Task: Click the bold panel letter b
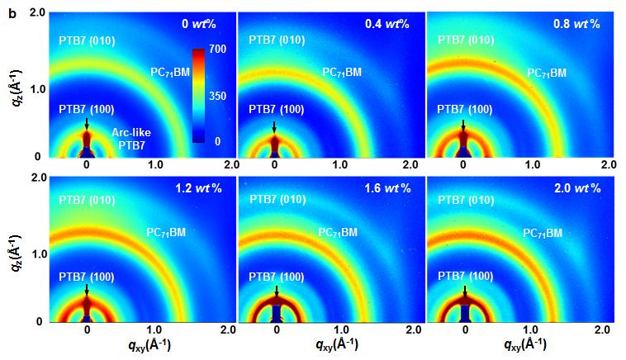tap(11, 14)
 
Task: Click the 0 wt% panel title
tap(202, 24)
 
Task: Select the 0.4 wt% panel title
tap(387, 24)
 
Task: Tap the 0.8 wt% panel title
tap(576, 24)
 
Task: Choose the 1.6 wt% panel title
tap(388, 188)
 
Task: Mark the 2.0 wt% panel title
tap(576, 188)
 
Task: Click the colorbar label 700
tap(218, 50)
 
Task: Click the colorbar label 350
tap(218, 96)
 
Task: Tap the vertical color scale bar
tap(199, 96)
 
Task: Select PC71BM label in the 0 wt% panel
tap(170, 73)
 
